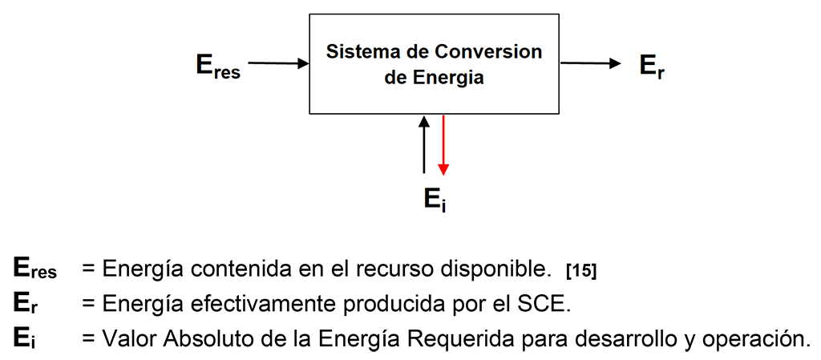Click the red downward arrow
(443, 144)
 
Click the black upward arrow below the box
(424, 144)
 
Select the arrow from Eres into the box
(278, 63)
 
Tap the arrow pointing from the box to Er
(591, 63)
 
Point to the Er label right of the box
(652, 66)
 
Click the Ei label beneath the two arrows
(435, 200)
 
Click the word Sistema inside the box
(356, 52)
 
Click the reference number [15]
(581, 272)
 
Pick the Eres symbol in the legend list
(35, 269)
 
